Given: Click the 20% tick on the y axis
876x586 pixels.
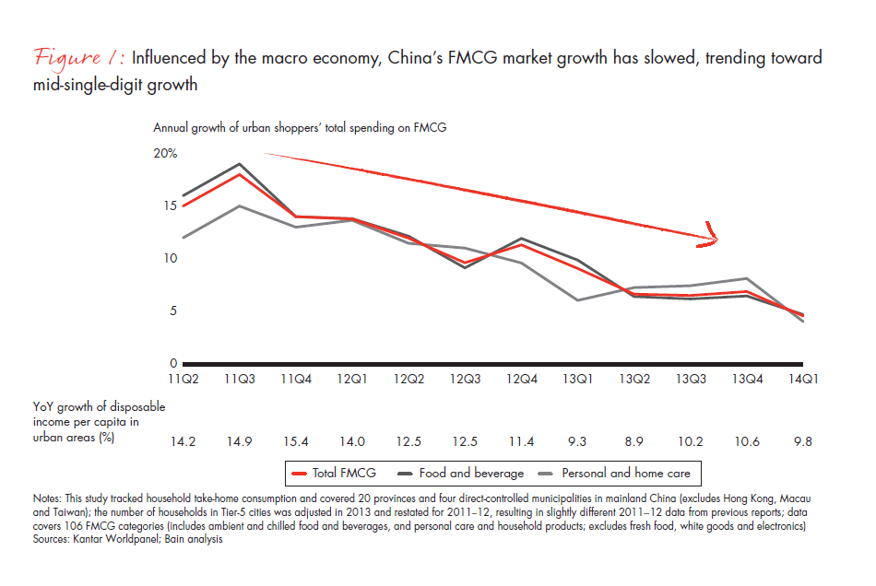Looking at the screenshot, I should click(165, 153).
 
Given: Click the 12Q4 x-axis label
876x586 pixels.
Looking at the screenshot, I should click(521, 378).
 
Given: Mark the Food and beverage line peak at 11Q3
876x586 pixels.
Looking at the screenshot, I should click(241, 164).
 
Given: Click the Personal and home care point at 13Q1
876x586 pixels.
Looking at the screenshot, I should click(576, 299).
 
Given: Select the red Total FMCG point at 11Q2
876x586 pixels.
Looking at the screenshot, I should click(183, 205).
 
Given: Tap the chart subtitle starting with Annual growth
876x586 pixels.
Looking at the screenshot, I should click(300, 128).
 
